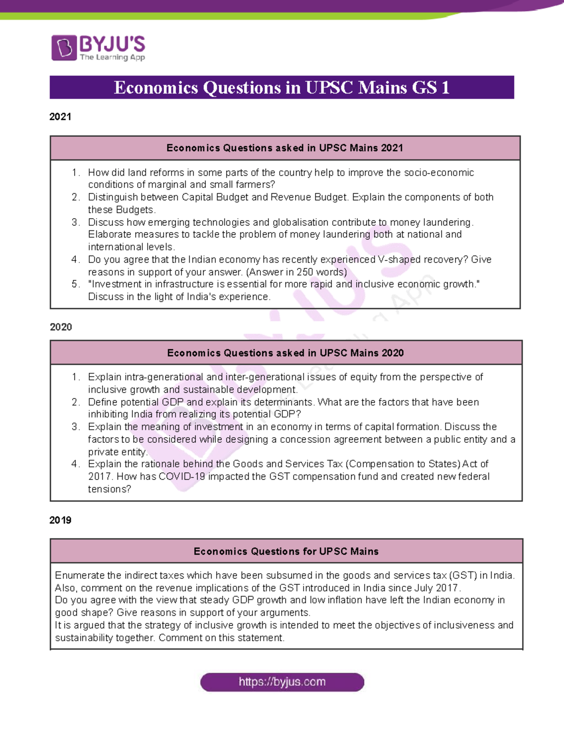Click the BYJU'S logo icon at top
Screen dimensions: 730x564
click(64, 47)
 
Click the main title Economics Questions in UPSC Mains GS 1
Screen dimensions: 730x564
click(282, 88)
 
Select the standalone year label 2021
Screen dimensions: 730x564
click(60, 117)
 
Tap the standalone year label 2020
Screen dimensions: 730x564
click(61, 327)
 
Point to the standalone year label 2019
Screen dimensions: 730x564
click(60, 520)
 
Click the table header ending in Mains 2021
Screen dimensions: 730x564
click(285, 148)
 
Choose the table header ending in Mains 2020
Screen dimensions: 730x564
click(285, 353)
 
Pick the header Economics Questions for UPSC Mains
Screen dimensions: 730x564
click(286, 551)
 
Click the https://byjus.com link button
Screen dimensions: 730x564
click(282, 682)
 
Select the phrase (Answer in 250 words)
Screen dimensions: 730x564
click(297, 272)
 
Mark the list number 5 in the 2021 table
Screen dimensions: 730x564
click(75, 284)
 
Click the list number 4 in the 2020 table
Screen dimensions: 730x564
click(75, 464)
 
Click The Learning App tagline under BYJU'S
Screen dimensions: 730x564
click(112, 57)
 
